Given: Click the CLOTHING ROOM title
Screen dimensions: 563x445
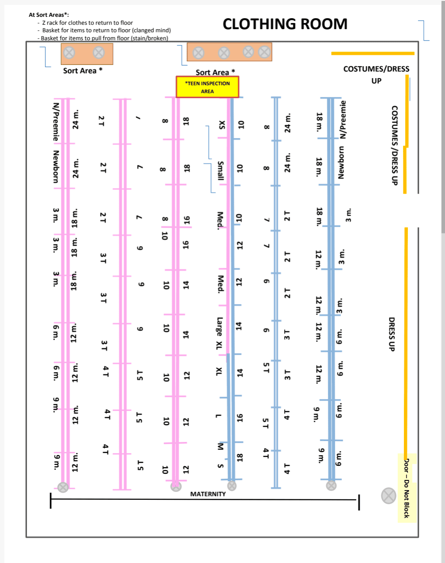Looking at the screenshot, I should [285, 24].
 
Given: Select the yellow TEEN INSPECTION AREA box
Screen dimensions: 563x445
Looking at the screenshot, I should [207, 87].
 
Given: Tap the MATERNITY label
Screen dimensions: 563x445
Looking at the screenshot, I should [208, 494].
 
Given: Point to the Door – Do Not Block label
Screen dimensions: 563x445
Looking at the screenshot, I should [407, 488].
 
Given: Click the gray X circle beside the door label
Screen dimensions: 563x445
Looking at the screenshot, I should [388, 495].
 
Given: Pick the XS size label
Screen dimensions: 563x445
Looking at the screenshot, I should [221, 125].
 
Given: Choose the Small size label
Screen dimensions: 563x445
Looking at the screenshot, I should [221, 171].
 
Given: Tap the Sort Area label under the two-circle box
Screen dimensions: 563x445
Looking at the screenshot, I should [83, 71].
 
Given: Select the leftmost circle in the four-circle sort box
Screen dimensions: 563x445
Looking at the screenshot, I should [198, 53].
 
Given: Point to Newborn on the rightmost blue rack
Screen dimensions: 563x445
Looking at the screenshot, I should [341, 162].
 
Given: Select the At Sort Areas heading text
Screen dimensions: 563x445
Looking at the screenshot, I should [46, 15].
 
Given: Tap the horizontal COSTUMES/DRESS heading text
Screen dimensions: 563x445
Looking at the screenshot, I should [376, 69].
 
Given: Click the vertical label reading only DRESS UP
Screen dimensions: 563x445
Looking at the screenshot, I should [391, 334].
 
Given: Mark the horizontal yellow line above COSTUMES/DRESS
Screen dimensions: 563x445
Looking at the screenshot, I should [373, 53].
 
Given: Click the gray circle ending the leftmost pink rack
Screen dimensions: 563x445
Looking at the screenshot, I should [63, 487].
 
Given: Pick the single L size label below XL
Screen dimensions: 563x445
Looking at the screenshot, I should [218, 416].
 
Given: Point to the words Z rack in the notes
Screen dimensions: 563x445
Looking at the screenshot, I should [50, 23].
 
